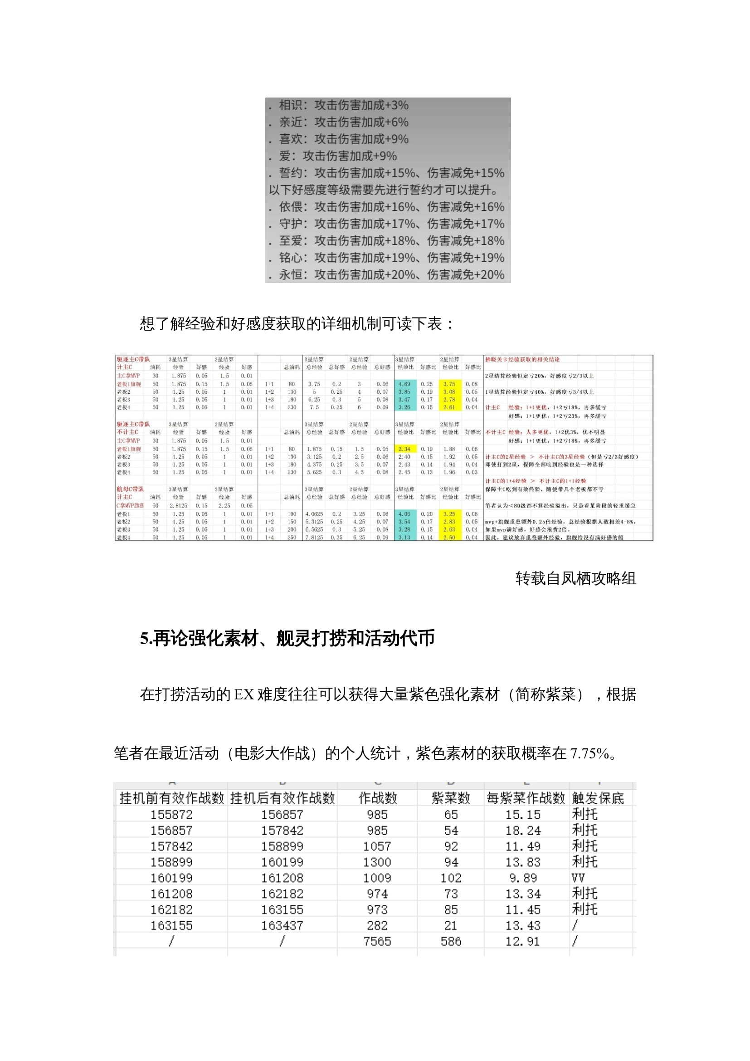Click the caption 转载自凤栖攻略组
575,578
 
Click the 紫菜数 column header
450,798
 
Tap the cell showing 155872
171,815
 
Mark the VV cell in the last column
578,878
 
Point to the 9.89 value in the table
523,878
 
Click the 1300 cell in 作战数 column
377,862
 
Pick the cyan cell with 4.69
404,384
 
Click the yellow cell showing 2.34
404,449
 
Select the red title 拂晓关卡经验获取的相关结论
522,359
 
